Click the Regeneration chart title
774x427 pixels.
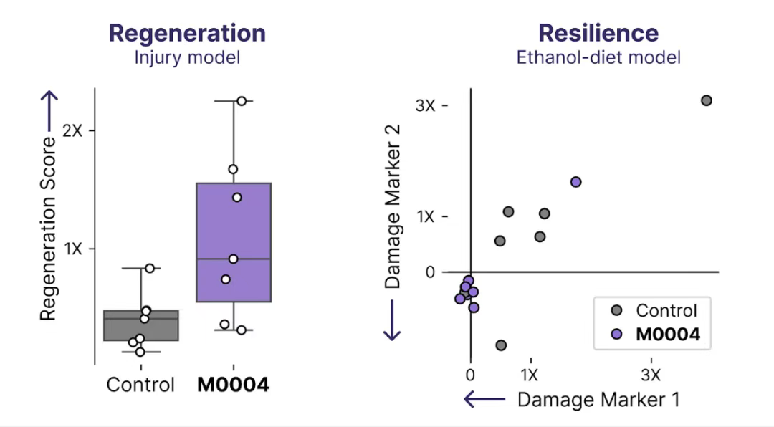pos(187,33)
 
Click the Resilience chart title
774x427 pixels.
pos(598,33)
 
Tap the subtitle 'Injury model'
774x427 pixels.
pos(187,58)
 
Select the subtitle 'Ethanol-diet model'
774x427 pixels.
pos(598,58)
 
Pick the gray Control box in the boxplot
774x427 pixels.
pos(141,326)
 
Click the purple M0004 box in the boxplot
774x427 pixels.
pos(234,242)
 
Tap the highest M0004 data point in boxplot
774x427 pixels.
pos(242,101)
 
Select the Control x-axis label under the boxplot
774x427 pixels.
pos(140,385)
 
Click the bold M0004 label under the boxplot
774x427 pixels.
pos(234,385)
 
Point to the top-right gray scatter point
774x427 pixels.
pos(706,100)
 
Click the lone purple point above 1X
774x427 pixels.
pos(575,182)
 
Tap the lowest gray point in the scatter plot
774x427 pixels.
pos(501,345)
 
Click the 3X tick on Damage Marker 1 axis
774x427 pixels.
pos(651,375)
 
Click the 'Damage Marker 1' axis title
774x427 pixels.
pos(598,400)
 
